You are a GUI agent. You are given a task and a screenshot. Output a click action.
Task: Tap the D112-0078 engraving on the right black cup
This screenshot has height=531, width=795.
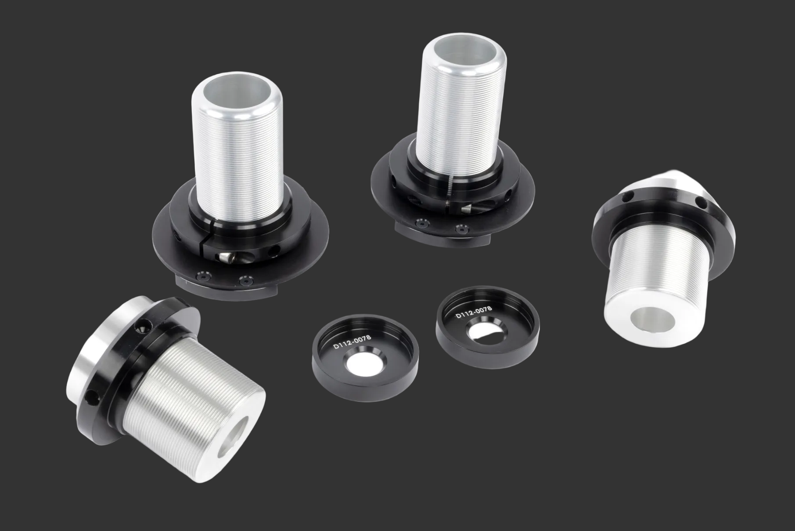(474, 312)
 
